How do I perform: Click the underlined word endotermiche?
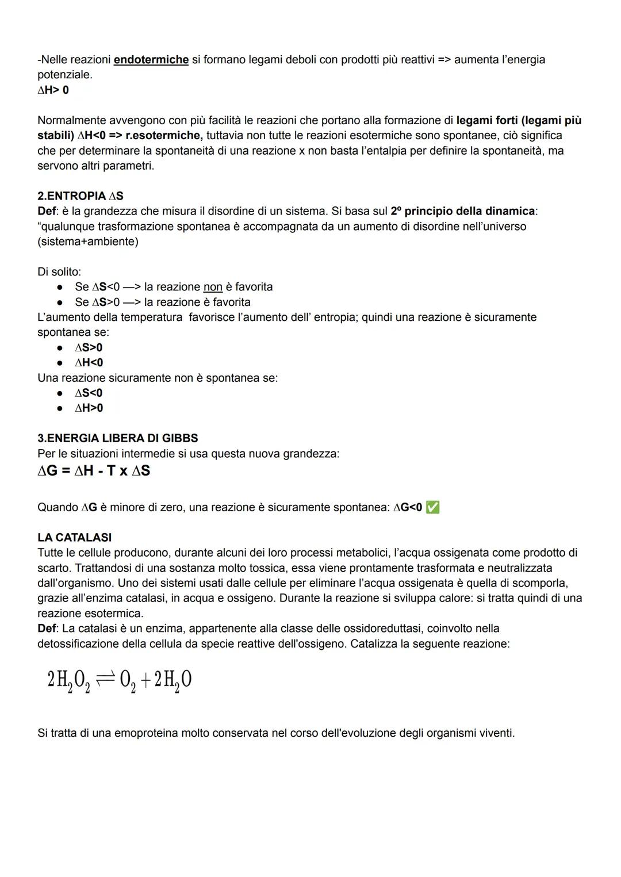[151, 60]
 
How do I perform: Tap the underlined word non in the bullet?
[213, 287]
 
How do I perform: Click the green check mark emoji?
[432, 507]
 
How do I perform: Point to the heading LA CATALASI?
[74, 538]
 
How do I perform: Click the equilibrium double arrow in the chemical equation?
[105, 679]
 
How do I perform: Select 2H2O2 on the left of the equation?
[68, 680]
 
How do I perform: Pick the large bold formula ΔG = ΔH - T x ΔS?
[94, 471]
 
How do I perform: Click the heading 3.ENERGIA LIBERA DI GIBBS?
[117, 438]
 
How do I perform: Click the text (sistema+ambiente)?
[87, 242]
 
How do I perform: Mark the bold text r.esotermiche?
[164, 136]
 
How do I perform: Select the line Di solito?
[59, 271]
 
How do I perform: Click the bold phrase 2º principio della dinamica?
[462, 211]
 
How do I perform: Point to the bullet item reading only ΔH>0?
[89, 408]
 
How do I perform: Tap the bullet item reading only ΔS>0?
[89, 348]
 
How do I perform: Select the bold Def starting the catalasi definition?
[47, 629]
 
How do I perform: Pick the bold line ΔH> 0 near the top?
[53, 90]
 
